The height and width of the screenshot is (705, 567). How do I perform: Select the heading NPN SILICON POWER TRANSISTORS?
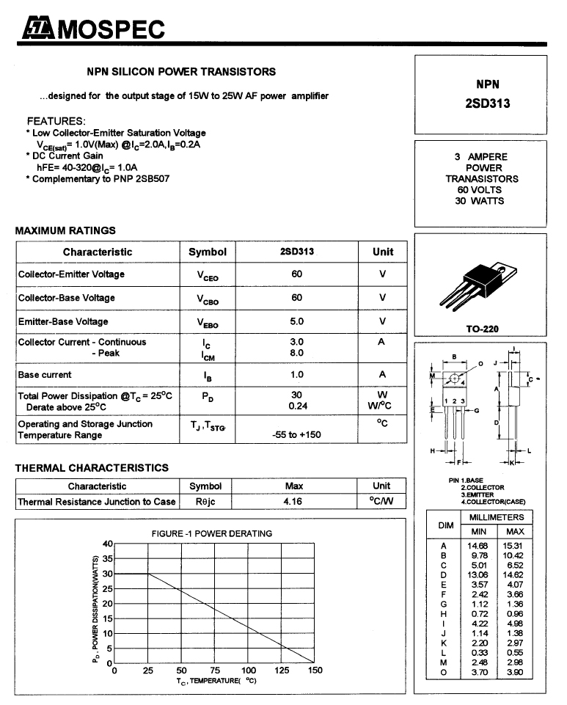click(x=181, y=72)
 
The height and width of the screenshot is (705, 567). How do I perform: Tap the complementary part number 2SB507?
click(x=152, y=178)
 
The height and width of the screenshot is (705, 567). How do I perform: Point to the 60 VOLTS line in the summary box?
click(x=480, y=190)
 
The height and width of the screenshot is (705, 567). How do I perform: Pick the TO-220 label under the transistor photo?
click(x=482, y=329)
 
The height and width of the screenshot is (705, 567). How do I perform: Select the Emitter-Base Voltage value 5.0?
click(x=296, y=321)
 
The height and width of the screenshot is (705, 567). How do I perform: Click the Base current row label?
click(x=45, y=375)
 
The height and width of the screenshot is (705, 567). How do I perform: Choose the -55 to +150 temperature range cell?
click(x=296, y=435)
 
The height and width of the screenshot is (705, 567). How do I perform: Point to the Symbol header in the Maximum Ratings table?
click(x=208, y=252)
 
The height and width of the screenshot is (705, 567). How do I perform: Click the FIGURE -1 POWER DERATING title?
click(x=211, y=533)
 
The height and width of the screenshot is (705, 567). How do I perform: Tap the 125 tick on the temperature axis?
click(x=282, y=671)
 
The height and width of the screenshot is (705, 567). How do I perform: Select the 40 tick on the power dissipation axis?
click(x=107, y=544)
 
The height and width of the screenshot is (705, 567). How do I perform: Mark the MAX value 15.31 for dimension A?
click(x=514, y=546)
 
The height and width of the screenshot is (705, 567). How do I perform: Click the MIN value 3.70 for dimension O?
click(x=479, y=671)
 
